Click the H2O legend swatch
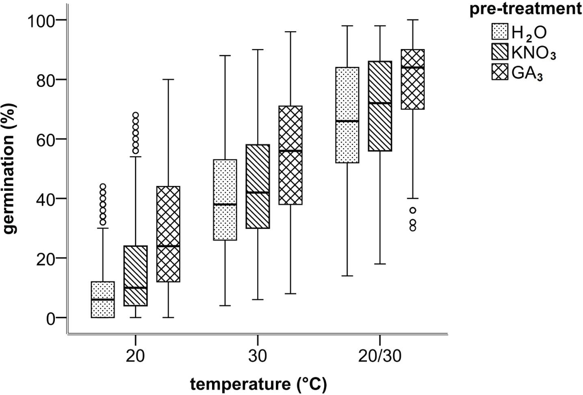click(500, 32)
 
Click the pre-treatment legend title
click(525, 9)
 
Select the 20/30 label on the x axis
click(379, 356)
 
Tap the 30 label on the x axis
click(258, 356)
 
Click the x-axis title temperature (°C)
click(258, 384)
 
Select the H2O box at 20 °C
click(103, 300)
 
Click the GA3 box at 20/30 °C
click(413, 79)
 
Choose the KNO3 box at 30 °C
click(258, 186)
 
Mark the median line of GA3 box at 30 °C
click(290, 151)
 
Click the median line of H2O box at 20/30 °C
click(347, 121)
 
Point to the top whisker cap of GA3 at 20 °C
click(169, 80)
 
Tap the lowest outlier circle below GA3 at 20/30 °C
click(413, 228)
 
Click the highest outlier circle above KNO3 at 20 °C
click(136, 115)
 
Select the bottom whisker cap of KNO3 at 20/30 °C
click(380, 264)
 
